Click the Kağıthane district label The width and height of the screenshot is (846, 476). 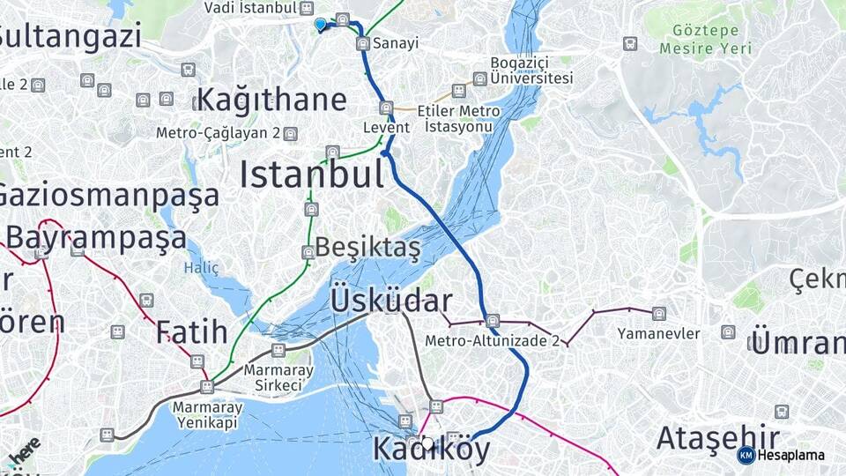(x=271, y=100)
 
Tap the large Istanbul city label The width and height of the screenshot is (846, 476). (x=312, y=175)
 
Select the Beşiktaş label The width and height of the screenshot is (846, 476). (x=367, y=249)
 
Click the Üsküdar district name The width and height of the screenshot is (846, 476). (x=391, y=301)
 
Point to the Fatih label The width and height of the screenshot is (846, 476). (x=191, y=332)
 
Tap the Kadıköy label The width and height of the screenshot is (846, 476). (x=431, y=449)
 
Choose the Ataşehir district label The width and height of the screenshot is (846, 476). (x=717, y=438)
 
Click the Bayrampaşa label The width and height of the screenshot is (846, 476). (x=96, y=238)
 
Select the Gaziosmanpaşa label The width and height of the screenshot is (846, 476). (x=108, y=195)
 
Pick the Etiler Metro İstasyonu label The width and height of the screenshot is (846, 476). (x=459, y=119)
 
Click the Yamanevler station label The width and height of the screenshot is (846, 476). (x=658, y=333)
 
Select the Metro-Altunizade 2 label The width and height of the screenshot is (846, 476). (x=492, y=340)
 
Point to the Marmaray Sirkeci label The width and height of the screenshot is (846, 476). (x=278, y=377)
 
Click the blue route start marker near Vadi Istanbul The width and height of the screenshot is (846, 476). (x=320, y=25)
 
